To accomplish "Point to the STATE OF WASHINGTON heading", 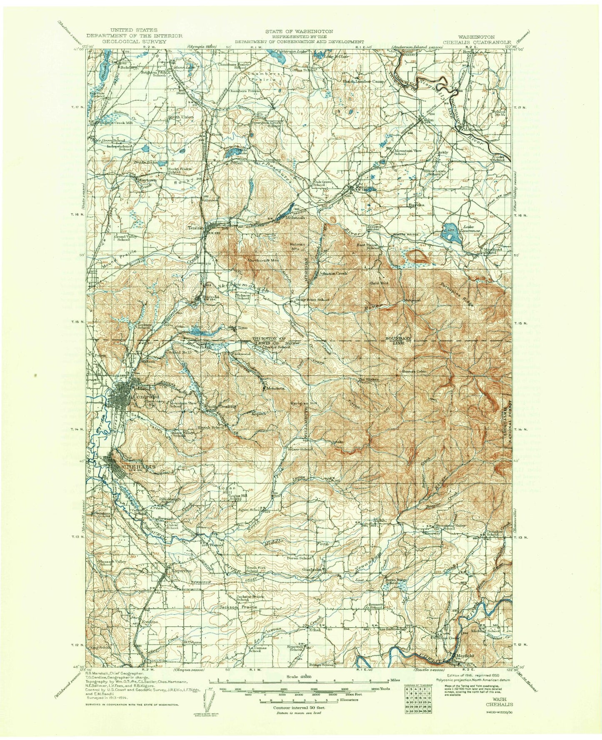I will (299, 31).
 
